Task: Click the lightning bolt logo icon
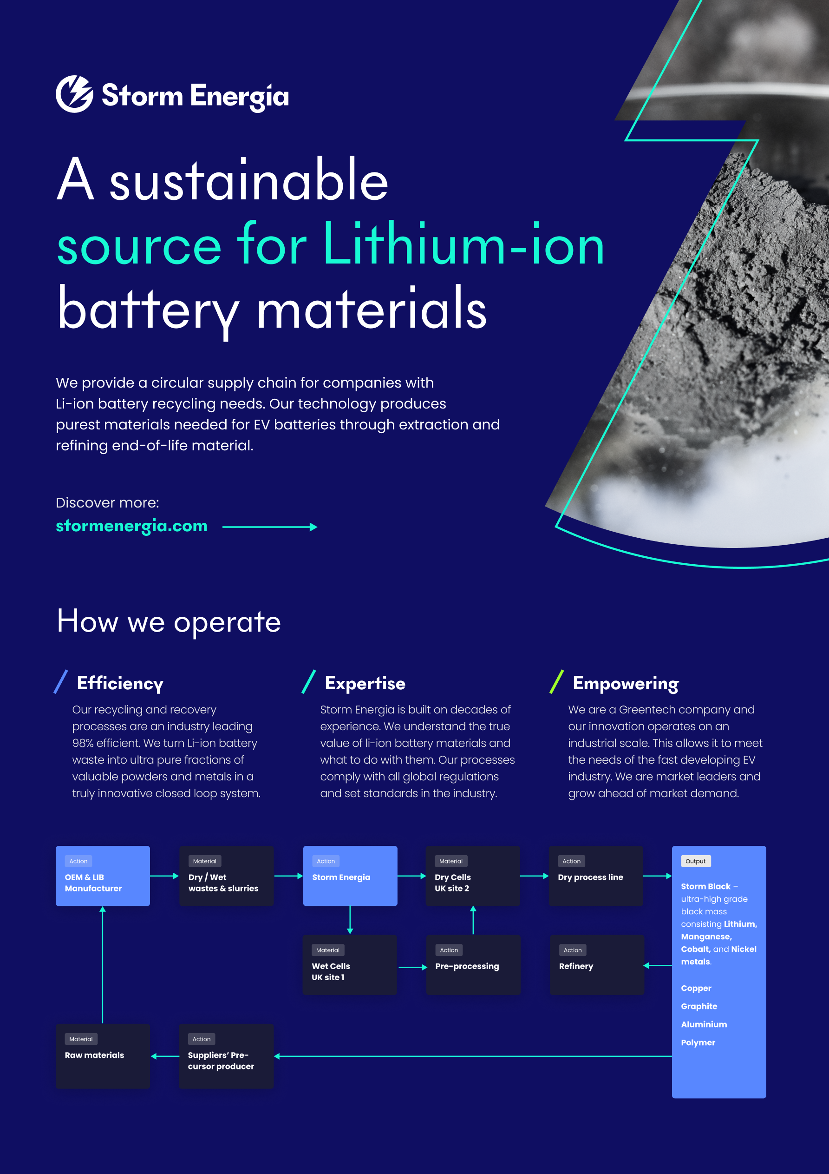(x=75, y=94)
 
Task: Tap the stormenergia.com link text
(x=131, y=526)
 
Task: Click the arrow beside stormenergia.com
(x=270, y=527)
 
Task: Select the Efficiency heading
(x=120, y=683)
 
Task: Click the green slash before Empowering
(x=556, y=682)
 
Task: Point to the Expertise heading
(x=365, y=683)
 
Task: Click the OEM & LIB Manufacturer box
(x=103, y=876)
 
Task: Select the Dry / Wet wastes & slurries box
(x=227, y=876)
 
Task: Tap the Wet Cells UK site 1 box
(x=350, y=965)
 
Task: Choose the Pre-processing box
(x=473, y=965)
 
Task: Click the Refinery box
(x=597, y=965)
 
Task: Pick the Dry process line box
(x=596, y=876)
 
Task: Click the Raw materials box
(x=103, y=1056)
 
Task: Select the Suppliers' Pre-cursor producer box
(x=227, y=1056)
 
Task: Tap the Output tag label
(x=696, y=861)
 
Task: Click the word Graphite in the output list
(x=698, y=1006)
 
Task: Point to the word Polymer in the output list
(x=698, y=1042)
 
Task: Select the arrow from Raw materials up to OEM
(x=103, y=965)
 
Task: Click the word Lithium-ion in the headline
(x=463, y=244)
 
